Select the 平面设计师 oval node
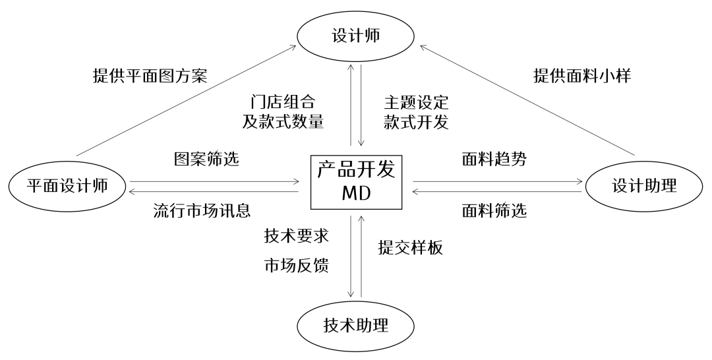67,187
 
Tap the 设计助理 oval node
643,187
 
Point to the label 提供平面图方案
150,76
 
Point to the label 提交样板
410,248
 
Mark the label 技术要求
296,235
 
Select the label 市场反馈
296,265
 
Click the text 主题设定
416,103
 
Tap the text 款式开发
416,122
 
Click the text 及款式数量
283,122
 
